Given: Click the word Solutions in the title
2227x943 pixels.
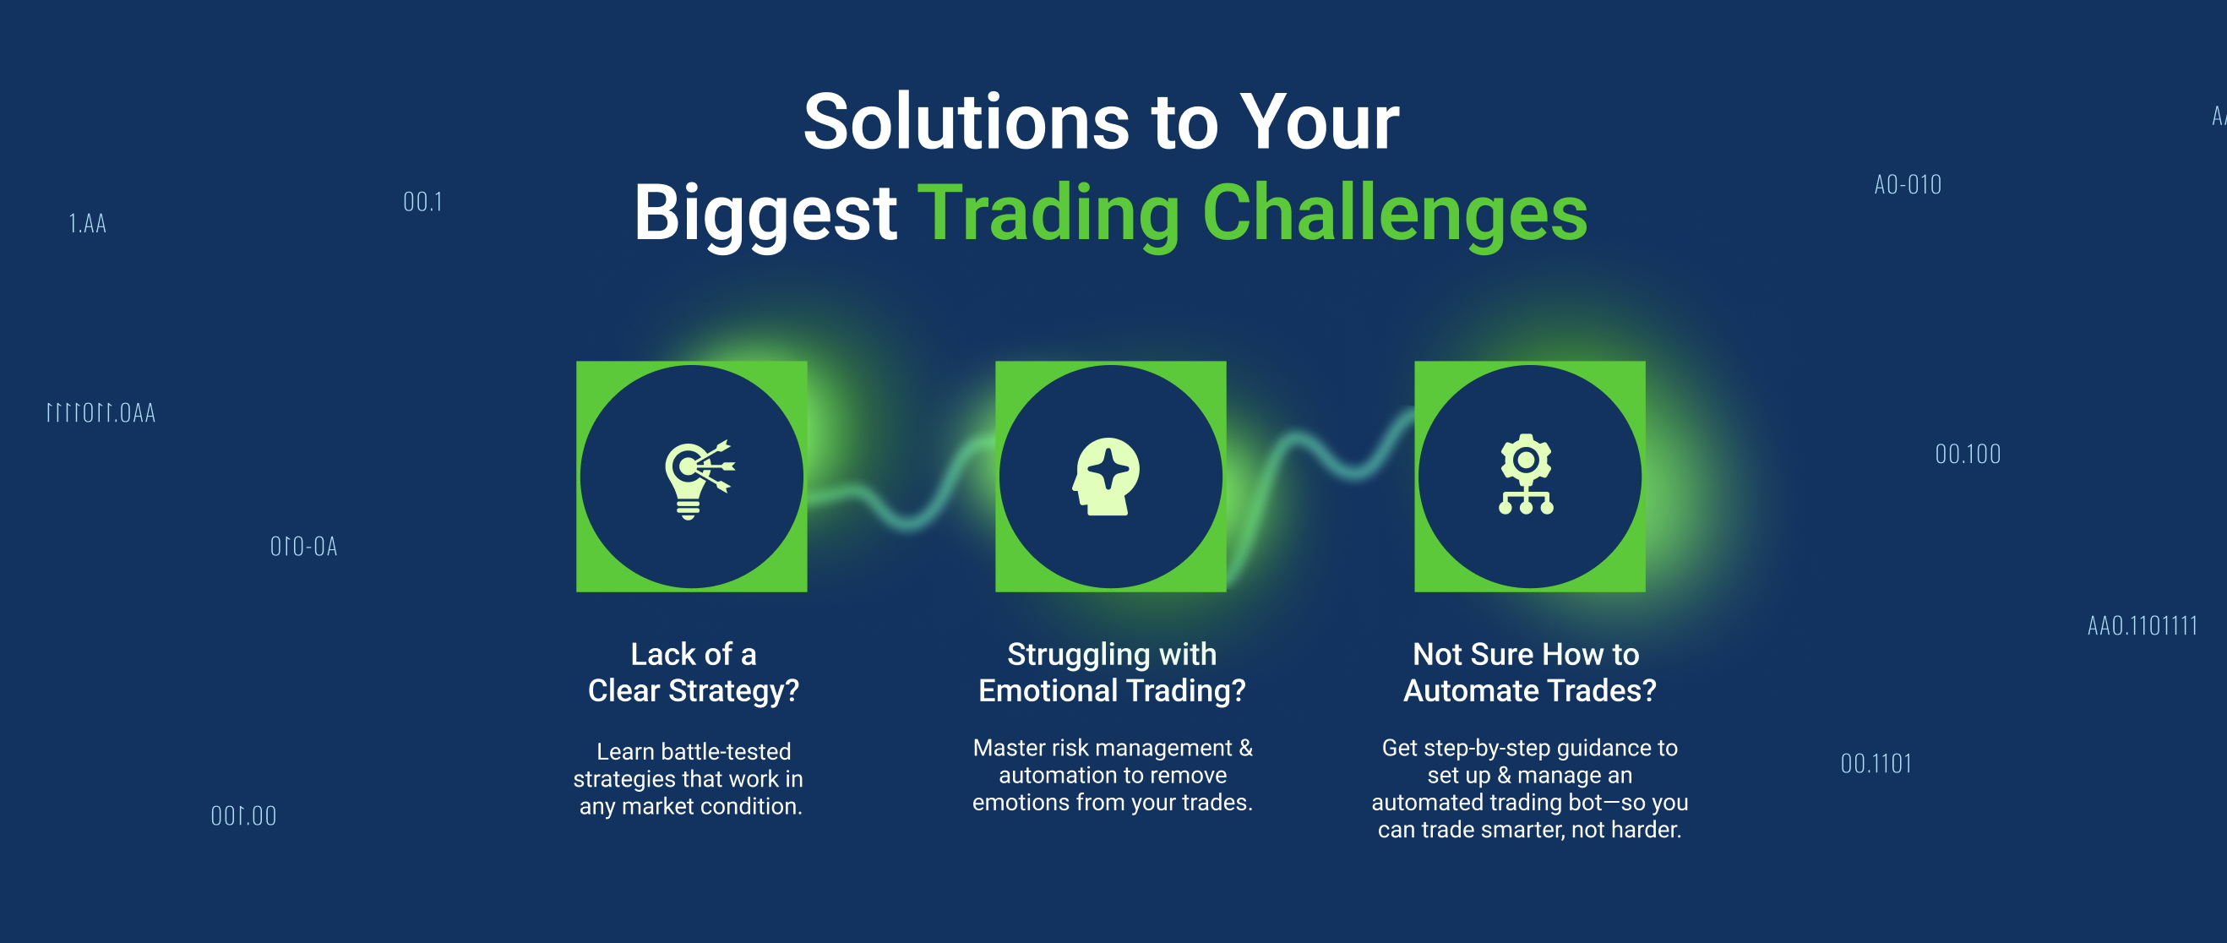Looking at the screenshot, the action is tap(966, 122).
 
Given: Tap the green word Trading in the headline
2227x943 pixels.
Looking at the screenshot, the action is tap(1048, 215).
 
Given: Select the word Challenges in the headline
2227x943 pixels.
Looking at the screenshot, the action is tap(1395, 215).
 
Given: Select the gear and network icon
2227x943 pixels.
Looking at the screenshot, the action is tap(1526, 475).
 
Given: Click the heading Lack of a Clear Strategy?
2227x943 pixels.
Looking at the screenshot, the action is tap(694, 673).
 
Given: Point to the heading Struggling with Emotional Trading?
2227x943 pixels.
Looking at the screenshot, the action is tap(1112, 673).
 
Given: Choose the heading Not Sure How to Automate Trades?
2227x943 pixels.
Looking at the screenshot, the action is tap(1529, 673).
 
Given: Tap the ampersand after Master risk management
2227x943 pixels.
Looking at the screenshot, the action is tap(1245, 748).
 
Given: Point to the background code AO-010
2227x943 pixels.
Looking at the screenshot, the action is tap(1908, 184).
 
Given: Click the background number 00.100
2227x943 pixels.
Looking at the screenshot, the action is tap(1968, 454).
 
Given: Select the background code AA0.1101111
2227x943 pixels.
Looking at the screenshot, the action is tap(2143, 625).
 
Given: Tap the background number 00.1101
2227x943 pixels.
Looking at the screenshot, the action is tap(1876, 763).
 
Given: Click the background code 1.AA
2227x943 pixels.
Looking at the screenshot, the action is tap(87, 223).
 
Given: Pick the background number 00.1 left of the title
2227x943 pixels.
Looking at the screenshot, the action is tap(422, 201).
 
